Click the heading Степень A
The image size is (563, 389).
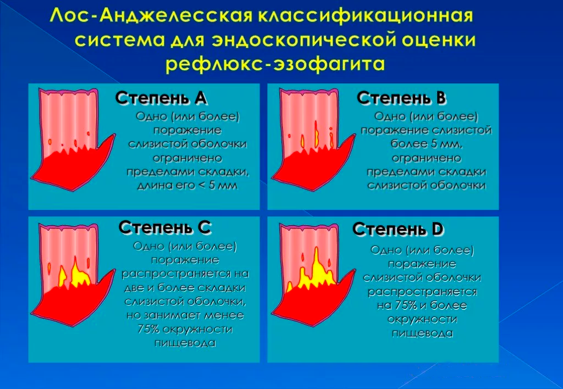tap(161, 98)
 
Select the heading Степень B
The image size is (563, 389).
tap(401, 98)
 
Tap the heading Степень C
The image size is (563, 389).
tap(165, 227)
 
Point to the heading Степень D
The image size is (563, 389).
tap(399, 229)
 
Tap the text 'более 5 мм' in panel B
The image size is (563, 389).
tap(426, 145)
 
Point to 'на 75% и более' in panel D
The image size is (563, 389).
tap(422, 305)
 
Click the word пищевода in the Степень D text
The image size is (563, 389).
tap(422, 333)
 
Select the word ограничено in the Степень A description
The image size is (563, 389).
tap(187, 158)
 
